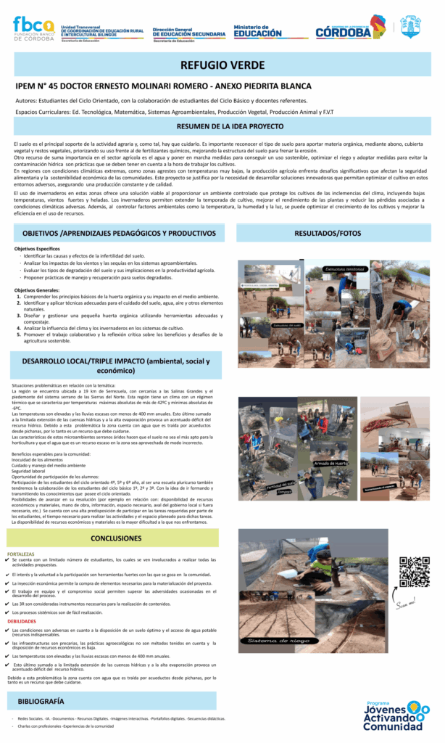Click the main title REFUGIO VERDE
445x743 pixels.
(222, 65)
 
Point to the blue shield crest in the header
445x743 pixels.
(411, 27)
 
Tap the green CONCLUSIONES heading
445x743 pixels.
(116, 538)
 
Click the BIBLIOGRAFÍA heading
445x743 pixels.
(41, 701)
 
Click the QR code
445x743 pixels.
(415, 572)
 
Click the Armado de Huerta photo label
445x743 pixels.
(331, 463)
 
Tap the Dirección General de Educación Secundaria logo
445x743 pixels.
(190, 32)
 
